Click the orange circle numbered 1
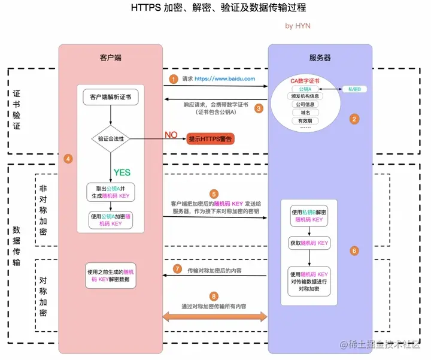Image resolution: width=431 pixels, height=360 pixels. pos(174,79)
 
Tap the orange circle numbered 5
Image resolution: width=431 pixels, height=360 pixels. pos(214,194)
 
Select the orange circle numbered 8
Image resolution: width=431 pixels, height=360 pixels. pos(214,296)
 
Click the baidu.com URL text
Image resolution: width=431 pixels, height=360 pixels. pos(225,79)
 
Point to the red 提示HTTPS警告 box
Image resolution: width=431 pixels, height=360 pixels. pos(211,139)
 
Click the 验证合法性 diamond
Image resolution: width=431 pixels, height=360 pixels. pos(111,139)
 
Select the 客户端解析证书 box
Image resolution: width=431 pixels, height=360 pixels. pos(111,97)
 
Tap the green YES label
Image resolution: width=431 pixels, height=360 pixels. pos(122,173)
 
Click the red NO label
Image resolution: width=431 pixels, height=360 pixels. pos(171,135)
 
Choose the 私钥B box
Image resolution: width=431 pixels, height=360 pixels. pos(354,89)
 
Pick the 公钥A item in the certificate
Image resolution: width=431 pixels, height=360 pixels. pos(305,89)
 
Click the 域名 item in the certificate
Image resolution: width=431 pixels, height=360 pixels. pos(305,113)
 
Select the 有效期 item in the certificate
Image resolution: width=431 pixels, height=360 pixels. pos(305,121)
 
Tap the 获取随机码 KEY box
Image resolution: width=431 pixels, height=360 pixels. pos(309,243)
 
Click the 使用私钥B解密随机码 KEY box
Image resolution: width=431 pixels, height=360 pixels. pos(309,216)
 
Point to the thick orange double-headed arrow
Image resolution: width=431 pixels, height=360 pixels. pos(215,317)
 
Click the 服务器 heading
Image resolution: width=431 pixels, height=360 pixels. pos(320,58)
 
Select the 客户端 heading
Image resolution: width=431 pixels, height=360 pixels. pos(111,58)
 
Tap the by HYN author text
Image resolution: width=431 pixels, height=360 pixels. pos(298,26)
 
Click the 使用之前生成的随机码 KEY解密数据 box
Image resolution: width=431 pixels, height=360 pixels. pos(111,276)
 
